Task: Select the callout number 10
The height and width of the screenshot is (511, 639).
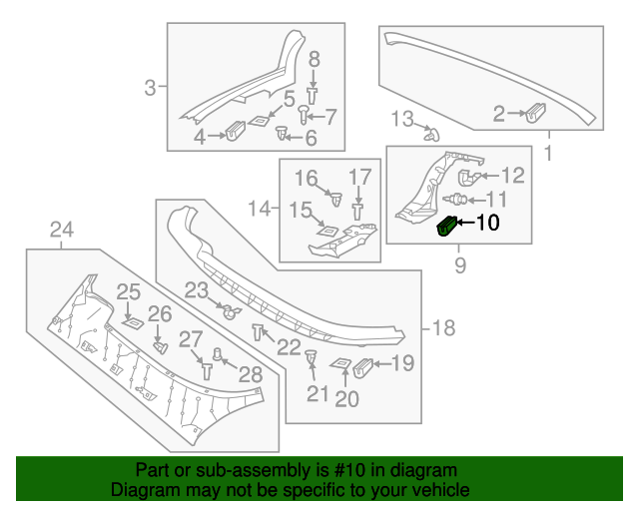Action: [x=487, y=224]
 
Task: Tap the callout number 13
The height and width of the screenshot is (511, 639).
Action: [x=400, y=120]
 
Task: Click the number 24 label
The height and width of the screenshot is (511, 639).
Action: [x=62, y=233]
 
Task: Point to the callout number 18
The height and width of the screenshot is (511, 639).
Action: [x=442, y=327]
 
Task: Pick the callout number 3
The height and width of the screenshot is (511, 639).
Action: [x=150, y=88]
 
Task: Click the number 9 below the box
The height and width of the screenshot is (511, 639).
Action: [x=460, y=264]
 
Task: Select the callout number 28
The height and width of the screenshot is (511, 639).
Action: [x=250, y=375]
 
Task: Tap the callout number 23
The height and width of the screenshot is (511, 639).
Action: [x=196, y=290]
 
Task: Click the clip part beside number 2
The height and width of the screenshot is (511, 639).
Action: [x=536, y=113]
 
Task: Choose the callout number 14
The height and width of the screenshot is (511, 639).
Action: [x=259, y=209]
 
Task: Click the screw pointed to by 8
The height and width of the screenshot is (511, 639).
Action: [x=312, y=95]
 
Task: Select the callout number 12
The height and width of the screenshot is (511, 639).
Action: [x=512, y=177]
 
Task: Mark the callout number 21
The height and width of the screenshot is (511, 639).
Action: [x=318, y=394]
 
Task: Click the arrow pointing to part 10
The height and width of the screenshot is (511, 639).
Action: [x=465, y=225]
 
